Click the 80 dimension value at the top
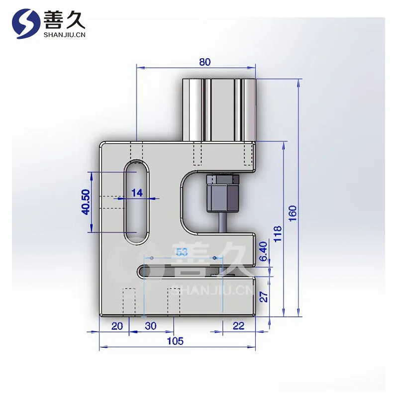click(205, 62)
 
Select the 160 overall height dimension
click(293, 213)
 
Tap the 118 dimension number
click(278, 234)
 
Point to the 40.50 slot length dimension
click(86, 202)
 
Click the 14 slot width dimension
click(137, 193)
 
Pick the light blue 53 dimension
click(182, 252)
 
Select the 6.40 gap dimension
click(264, 251)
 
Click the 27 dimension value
click(264, 297)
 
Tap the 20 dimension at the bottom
click(117, 326)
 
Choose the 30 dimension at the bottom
click(151, 326)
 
